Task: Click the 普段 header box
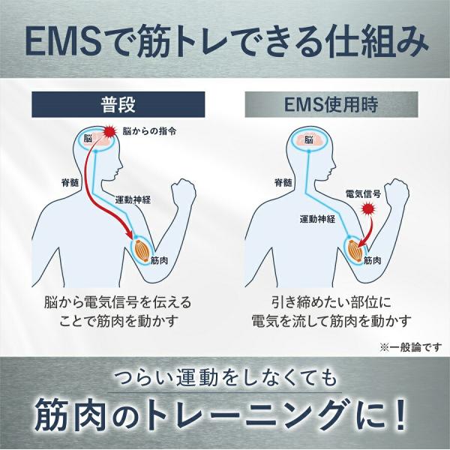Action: coord(118,104)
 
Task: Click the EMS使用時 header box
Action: coord(331,104)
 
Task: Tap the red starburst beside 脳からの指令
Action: coord(109,132)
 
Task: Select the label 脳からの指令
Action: coord(149,131)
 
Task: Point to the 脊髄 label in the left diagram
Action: coord(70,182)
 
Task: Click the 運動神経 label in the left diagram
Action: coord(133,199)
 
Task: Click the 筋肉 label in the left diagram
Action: coord(159,260)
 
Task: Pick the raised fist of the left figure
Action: coord(184,193)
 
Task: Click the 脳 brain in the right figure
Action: coord(308,140)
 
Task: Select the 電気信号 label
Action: coord(363,194)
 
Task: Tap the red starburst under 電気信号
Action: coord(368,208)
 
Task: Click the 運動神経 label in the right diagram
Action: coord(317,219)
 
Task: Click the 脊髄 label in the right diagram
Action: coord(283,182)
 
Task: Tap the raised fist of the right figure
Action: coord(397,193)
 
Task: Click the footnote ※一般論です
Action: coord(411,347)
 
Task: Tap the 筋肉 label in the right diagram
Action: coord(373,260)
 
